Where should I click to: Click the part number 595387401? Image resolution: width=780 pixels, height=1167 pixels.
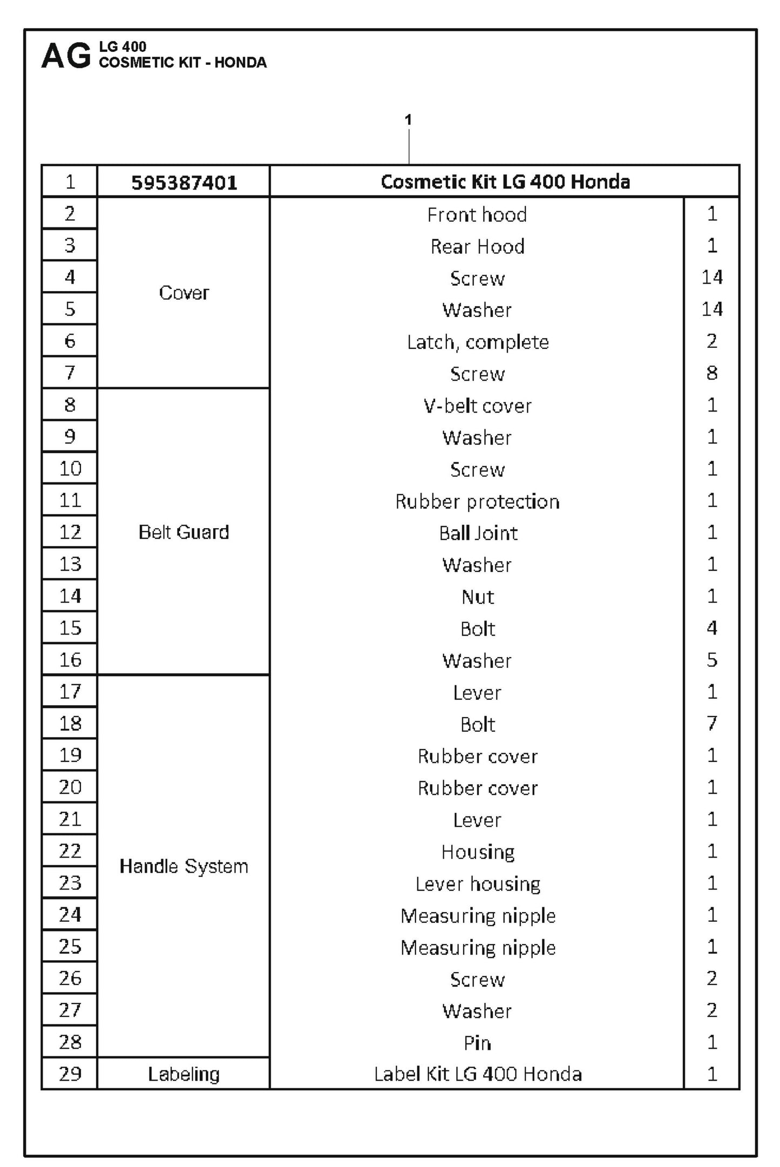click(184, 183)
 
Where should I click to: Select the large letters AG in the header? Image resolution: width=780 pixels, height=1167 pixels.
click(66, 56)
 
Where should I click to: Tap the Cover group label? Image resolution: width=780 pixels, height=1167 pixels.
click(184, 293)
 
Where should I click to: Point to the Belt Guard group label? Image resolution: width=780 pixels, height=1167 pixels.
click(184, 532)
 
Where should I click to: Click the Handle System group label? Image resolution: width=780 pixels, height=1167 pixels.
click(184, 866)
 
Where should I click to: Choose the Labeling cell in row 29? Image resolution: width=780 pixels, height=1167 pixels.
click(184, 1074)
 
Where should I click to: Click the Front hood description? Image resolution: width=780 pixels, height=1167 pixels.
click(477, 214)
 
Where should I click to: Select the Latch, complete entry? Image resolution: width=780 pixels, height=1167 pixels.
click(478, 342)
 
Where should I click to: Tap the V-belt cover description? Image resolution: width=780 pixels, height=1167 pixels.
click(478, 406)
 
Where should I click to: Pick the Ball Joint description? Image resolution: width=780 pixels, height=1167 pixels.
click(478, 533)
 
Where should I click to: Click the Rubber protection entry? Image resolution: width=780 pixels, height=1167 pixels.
click(478, 501)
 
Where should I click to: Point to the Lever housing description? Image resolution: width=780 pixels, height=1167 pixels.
click(478, 883)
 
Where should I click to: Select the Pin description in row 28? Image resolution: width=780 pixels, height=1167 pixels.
click(478, 1042)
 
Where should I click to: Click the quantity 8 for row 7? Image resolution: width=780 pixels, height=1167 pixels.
click(711, 373)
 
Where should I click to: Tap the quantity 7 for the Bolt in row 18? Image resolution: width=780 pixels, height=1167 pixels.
click(711, 723)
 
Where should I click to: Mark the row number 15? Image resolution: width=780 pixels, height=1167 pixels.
click(70, 628)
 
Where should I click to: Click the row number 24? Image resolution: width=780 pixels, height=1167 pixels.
click(70, 914)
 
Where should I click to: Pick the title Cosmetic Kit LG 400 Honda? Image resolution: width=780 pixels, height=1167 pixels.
click(505, 181)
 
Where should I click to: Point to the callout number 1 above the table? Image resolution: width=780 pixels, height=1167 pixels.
click(409, 119)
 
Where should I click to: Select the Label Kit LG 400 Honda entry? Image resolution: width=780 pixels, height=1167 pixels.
click(478, 1074)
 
